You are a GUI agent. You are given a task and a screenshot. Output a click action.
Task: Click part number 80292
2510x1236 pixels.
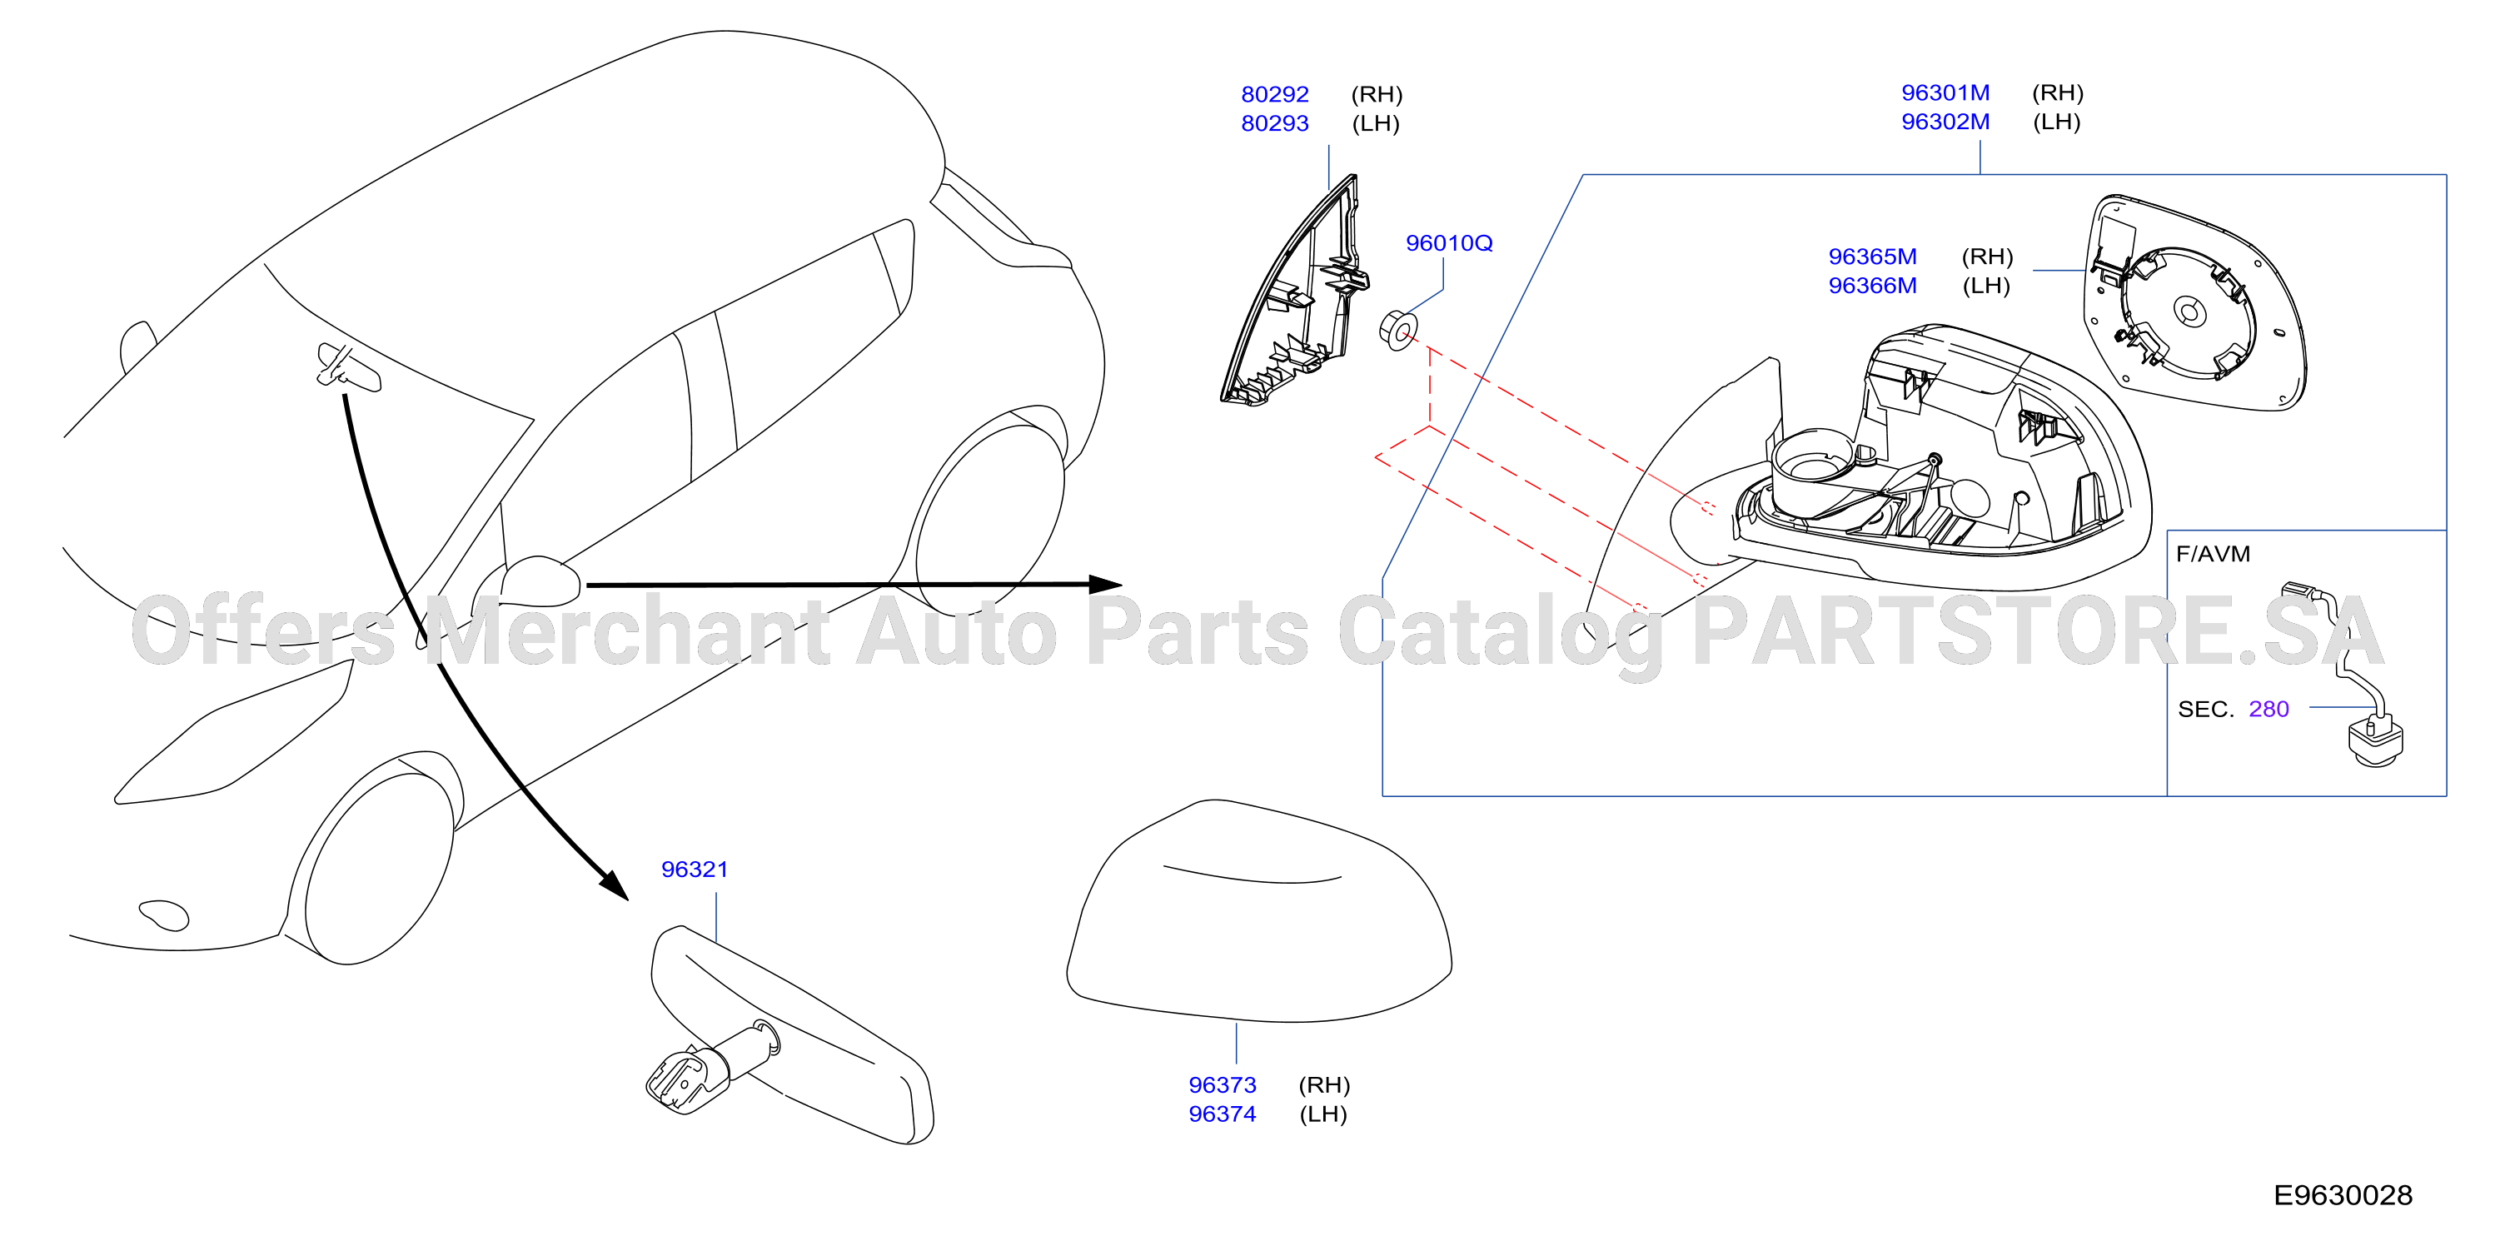(x=1274, y=95)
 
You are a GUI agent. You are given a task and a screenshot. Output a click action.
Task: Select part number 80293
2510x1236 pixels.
(x=1274, y=124)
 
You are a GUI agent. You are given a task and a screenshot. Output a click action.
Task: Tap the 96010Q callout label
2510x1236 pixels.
(x=1449, y=242)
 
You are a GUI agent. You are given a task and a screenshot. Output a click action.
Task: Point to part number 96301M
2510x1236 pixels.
(x=1945, y=92)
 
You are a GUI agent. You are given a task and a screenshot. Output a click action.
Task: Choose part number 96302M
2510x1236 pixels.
(x=1945, y=122)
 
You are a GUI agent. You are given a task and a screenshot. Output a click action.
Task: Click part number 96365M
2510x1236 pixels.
(x=1872, y=257)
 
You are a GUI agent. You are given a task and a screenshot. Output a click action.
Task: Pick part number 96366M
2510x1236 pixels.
(x=1872, y=286)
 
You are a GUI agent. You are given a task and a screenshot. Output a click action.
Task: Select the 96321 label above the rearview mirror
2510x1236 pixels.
(x=695, y=869)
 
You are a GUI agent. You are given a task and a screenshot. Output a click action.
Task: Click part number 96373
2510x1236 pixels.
(x=1222, y=1085)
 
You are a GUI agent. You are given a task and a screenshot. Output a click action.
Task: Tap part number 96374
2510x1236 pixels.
(x=1222, y=1114)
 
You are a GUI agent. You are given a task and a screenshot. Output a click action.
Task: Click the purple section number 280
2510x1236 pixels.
(x=2268, y=709)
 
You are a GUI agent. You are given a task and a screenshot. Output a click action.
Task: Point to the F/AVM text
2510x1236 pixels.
(x=2213, y=554)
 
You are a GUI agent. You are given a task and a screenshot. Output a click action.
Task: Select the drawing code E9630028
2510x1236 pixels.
(x=2343, y=1195)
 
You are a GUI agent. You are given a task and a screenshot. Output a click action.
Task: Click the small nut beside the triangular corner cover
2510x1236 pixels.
(x=1398, y=331)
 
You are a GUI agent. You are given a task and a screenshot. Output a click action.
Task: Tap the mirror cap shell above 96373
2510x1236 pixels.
(x=1259, y=911)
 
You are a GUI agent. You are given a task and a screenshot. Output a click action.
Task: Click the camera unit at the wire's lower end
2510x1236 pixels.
(x=2374, y=740)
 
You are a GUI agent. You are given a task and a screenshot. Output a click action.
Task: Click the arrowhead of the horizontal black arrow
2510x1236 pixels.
(x=1105, y=584)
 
